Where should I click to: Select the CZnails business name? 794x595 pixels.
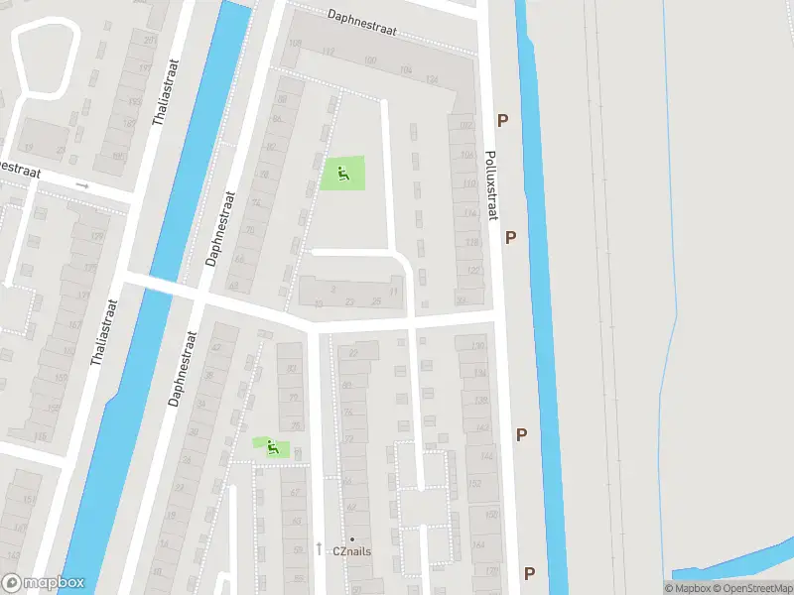pos(351,551)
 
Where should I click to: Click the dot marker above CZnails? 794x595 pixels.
pos(351,538)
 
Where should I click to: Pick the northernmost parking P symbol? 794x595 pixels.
pos(503,120)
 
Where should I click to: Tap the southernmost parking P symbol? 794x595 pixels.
pos(530,573)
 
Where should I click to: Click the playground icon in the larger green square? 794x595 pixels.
pos(342,176)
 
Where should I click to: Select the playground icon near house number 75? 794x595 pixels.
pos(271,448)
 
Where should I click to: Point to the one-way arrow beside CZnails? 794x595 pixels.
pos(319,548)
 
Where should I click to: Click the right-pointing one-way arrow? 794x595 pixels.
pos(82,185)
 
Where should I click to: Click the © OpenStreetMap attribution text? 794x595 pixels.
pos(753,588)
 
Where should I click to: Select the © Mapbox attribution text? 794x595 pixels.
pos(689,588)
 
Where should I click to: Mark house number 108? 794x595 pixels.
pos(294,43)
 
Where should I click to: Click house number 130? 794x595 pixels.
pos(477,346)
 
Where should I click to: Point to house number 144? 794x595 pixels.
pos(485,456)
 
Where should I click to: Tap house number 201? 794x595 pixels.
pos(149,40)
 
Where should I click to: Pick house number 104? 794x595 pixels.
pos(404,69)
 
